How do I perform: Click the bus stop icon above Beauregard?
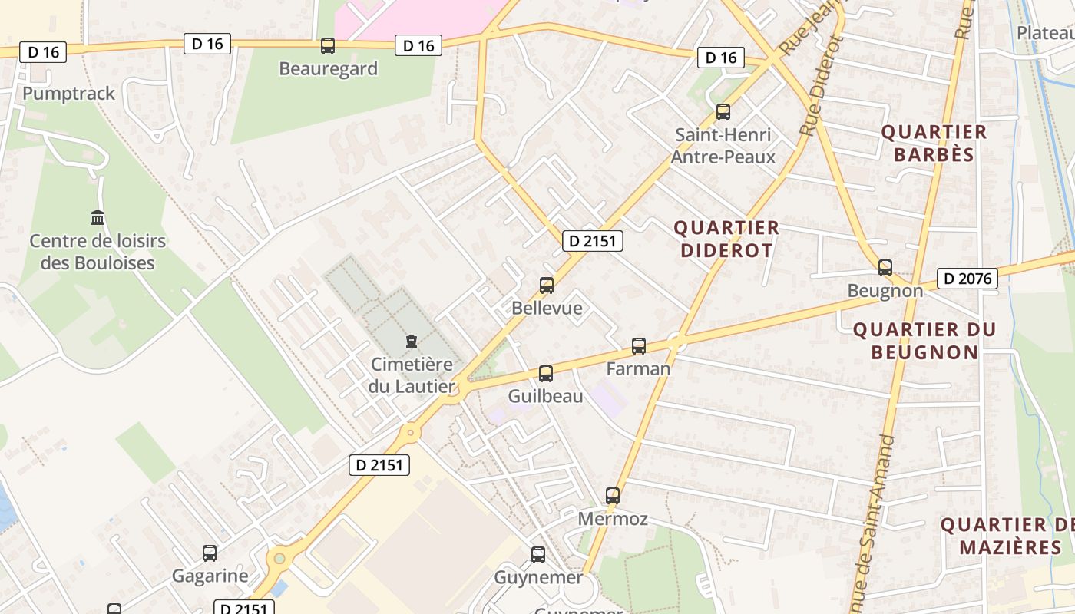[328, 46]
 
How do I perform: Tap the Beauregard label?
[328, 69]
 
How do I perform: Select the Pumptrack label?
[68, 94]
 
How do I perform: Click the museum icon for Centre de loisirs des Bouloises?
[98, 218]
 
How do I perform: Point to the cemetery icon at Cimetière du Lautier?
[412, 342]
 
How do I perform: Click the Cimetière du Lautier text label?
[412, 375]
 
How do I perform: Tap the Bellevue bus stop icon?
[547, 286]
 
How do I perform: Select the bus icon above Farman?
[639, 346]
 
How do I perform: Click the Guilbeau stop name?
[545, 397]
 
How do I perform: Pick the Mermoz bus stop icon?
[613, 496]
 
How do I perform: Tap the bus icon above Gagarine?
[210, 553]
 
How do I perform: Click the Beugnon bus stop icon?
[885, 268]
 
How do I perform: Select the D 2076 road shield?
[967, 279]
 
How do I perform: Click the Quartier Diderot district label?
[726, 239]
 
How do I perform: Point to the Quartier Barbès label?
[934, 144]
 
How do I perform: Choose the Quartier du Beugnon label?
[925, 341]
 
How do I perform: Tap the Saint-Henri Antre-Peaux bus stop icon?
[723, 112]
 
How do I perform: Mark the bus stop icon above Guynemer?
[538, 554]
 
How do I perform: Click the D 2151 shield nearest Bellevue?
[592, 241]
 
